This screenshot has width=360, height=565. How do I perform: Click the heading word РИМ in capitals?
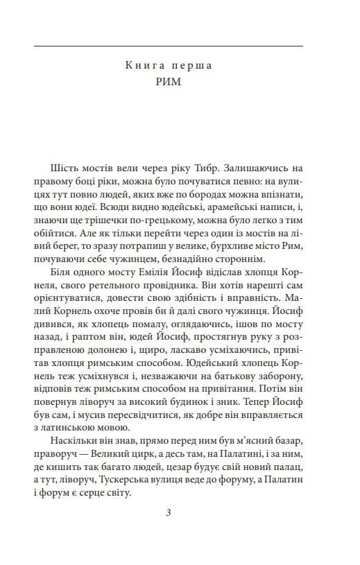click(x=169, y=89)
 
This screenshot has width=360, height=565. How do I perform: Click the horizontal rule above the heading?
click(x=169, y=46)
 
